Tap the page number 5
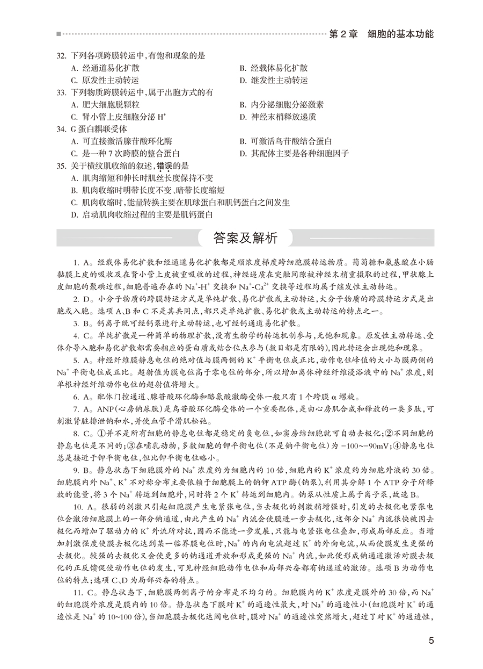[431, 641]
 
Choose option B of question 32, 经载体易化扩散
[274, 68]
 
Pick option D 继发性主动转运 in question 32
[274, 80]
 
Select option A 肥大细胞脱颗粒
[105, 105]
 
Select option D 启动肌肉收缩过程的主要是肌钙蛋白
[142, 214]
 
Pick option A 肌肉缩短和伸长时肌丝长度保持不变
[142, 178]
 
